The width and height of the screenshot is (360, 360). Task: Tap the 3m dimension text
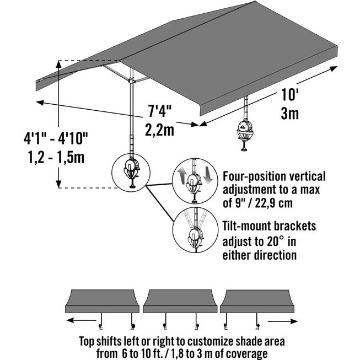290,114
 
